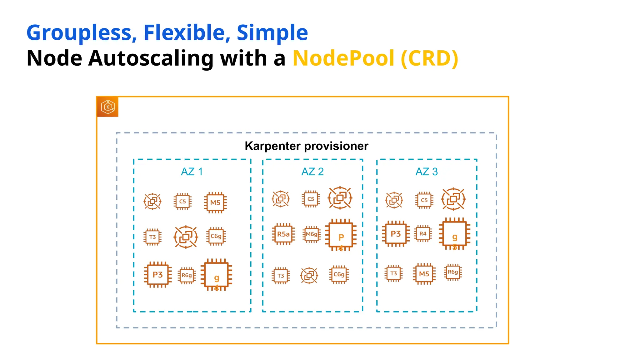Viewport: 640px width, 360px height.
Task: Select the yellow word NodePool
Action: coord(343,58)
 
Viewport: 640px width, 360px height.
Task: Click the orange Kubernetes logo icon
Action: coord(108,107)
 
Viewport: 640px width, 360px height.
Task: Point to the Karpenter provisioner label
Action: coord(306,146)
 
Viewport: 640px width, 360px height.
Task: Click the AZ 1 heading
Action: coord(192,172)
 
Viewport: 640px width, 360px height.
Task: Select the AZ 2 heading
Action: coord(312,172)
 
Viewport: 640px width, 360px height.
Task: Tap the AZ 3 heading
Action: coord(427,172)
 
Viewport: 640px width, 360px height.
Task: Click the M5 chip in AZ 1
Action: coord(215,202)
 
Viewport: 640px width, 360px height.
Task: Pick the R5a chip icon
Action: coord(283,234)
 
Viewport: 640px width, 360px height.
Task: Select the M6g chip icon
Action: coord(312,234)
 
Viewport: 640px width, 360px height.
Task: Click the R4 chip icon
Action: coord(423,234)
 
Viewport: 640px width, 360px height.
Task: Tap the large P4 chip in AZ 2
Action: coord(341,235)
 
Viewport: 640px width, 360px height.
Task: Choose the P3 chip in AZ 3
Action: coord(396,234)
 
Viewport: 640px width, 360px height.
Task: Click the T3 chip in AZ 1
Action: coord(152,237)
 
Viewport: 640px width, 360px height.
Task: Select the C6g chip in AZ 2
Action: coord(339,274)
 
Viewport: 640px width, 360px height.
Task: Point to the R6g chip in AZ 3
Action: coord(453,272)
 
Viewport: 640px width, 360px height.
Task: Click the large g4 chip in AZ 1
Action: coord(216,275)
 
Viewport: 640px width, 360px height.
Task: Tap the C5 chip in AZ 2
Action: coord(311,199)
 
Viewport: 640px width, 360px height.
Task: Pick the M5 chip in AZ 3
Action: coord(424,274)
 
